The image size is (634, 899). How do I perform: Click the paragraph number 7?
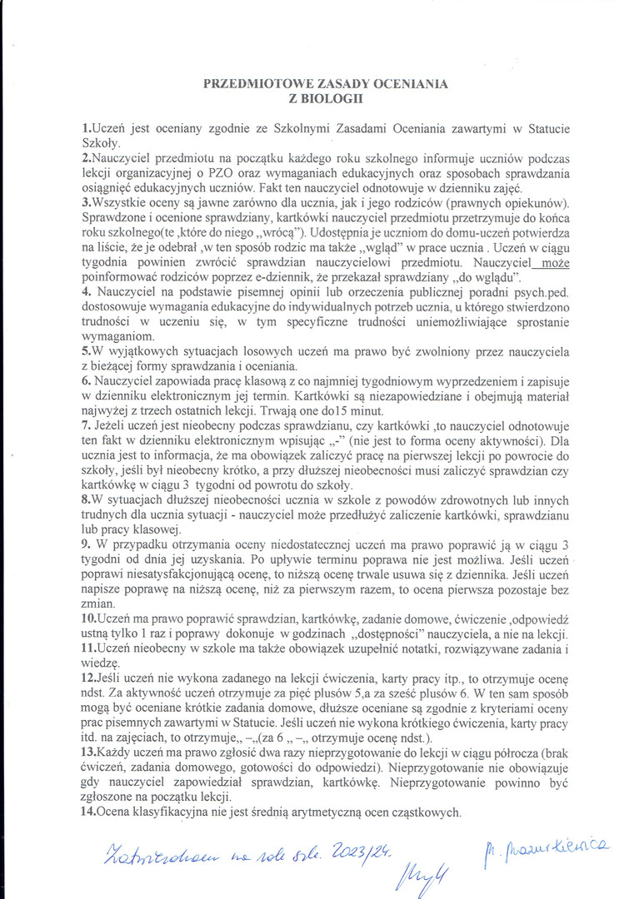(x=85, y=426)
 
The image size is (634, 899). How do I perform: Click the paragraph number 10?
(x=88, y=620)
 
